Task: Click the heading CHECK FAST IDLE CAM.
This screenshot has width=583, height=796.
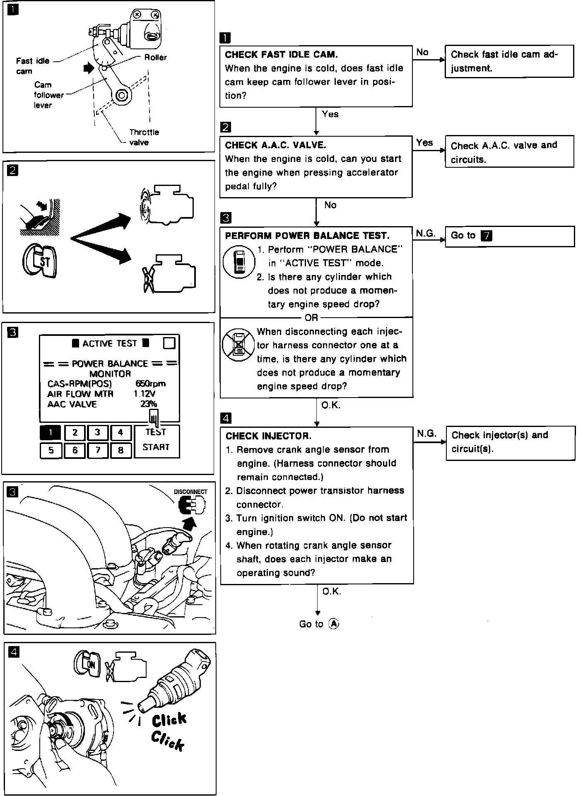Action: click(x=281, y=55)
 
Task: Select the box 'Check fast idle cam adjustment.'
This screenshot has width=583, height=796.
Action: click(x=509, y=61)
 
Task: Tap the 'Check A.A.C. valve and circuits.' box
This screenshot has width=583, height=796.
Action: click(x=509, y=152)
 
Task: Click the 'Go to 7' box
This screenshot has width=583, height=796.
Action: click(x=509, y=236)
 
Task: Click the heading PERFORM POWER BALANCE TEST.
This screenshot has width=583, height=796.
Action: click(x=307, y=236)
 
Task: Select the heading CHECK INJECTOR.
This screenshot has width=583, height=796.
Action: click(x=268, y=436)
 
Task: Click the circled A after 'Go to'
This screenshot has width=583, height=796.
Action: click(x=333, y=624)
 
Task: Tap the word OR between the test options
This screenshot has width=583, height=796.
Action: click(x=311, y=318)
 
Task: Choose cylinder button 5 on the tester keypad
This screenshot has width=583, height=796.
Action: click(x=51, y=450)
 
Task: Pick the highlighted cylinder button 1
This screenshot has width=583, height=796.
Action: click(x=51, y=432)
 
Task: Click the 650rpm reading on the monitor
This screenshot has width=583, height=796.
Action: click(x=150, y=384)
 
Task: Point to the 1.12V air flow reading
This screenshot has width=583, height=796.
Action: click(x=145, y=394)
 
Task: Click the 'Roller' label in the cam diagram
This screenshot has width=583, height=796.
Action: click(x=155, y=58)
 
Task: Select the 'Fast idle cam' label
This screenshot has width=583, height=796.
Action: click(x=32, y=66)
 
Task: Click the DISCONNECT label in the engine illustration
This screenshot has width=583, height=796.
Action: click(x=190, y=492)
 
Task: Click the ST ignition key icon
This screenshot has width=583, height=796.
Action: click(x=40, y=261)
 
